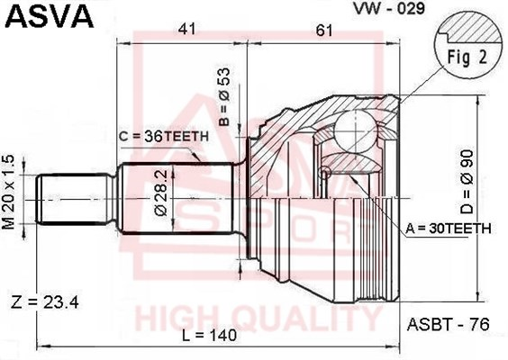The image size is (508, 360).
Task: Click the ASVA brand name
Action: [x=50, y=16]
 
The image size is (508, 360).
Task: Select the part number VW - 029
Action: [x=389, y=8]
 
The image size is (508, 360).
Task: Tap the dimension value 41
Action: [x=187, y=30]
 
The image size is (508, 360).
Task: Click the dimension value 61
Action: [x=324, y=31]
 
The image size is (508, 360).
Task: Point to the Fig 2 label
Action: [x=467, y=58]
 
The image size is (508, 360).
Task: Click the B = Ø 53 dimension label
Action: [x=224, y=97]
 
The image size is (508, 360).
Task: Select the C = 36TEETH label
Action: [x=163, y=137]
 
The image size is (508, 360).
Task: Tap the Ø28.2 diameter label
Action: [x=161, y=193]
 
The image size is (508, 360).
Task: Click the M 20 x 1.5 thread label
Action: [x=9, y=193]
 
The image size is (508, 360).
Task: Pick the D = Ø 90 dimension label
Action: [x=467, y=182]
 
